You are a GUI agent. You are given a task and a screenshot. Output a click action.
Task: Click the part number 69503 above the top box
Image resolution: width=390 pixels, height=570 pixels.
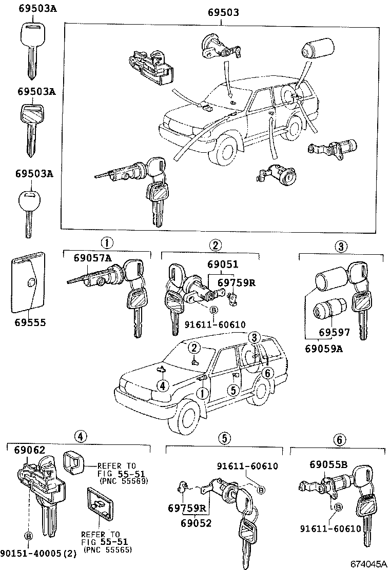(x=223, y=13)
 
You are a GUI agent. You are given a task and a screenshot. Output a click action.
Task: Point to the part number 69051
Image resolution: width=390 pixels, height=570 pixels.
(x=223, y=264)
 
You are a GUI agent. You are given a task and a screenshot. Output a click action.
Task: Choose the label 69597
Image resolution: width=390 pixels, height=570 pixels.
(x=334, y=332)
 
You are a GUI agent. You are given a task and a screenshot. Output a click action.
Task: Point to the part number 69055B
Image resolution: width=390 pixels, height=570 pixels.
(x=328, y=465)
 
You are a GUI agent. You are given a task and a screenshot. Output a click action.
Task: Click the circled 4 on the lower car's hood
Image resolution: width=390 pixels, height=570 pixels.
(x=162, y=385)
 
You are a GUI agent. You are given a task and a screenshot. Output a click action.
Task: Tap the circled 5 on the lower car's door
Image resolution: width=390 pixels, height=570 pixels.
(x=232, y=391)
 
